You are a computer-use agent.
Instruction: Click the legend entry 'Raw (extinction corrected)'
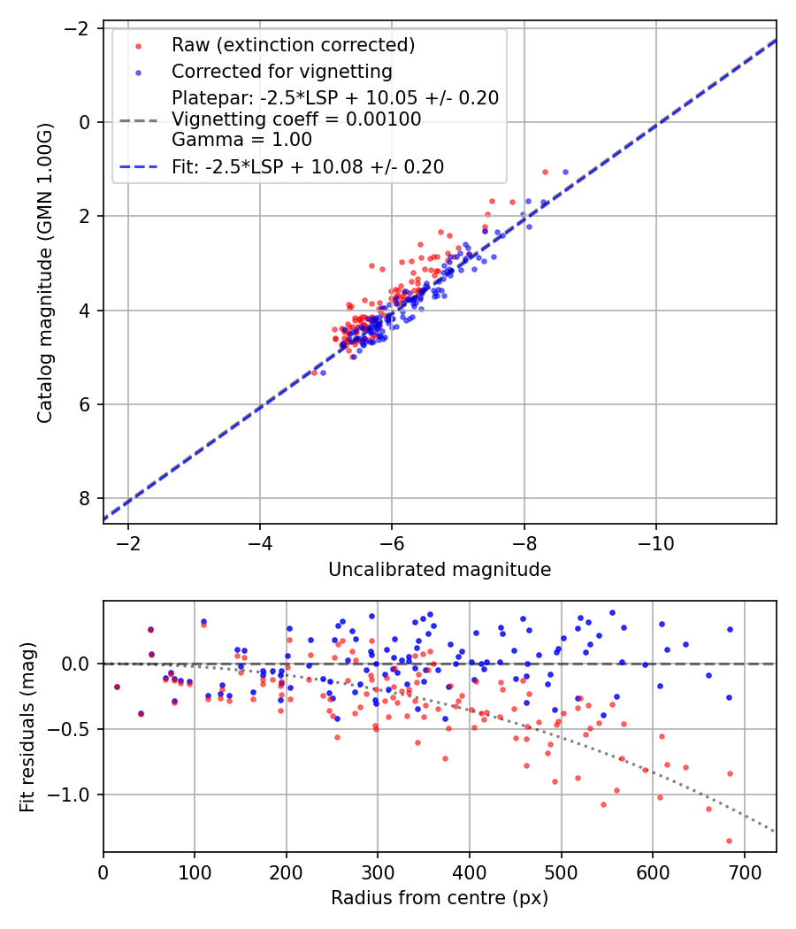[293, 44]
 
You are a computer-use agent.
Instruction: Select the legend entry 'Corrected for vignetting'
[281, 71]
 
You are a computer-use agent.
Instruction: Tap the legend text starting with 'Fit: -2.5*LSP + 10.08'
[308, 166]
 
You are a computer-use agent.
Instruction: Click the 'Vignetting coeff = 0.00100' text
[296, 119]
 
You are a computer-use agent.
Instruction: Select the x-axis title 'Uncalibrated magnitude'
[440, 570]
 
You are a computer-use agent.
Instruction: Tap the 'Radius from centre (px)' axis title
[440, 898]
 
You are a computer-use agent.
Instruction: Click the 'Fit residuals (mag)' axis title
[27, 726]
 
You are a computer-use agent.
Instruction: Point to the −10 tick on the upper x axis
[655, 540]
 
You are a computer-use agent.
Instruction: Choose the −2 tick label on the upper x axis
[128, 540]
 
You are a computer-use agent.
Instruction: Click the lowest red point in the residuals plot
[729, 841]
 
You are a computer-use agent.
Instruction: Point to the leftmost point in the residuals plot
[117, 687]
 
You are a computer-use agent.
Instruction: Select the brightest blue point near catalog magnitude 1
[565, 172]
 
